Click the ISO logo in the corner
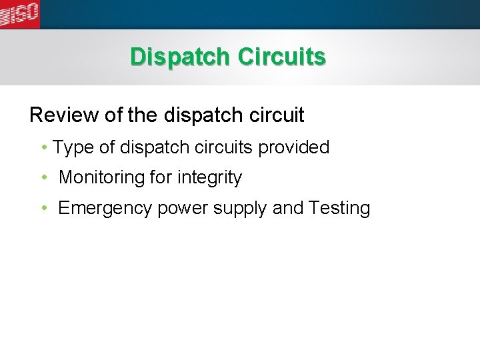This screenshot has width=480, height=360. point(20,13)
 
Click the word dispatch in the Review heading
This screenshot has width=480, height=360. point(198,115)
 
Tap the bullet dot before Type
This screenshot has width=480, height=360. point(43,147)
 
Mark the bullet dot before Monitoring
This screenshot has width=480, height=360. point(43,178)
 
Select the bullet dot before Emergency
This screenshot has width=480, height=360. point(43,209)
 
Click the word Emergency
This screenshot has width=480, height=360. point(105,209)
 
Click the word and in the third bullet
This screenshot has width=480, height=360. point(287,209)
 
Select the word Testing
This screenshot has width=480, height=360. point(339,209)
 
